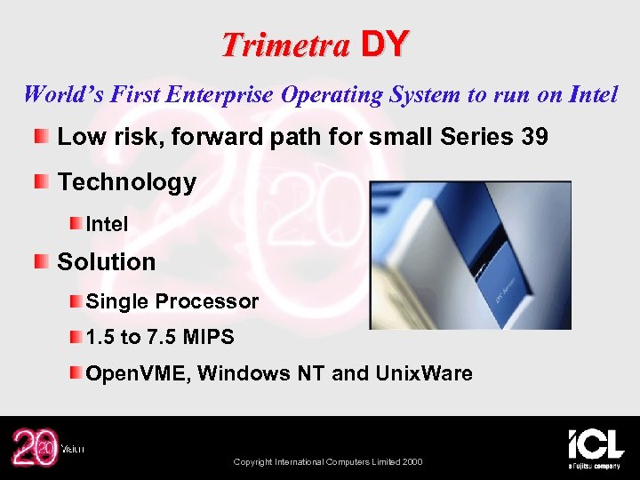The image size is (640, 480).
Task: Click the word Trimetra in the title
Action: tap(285, 44)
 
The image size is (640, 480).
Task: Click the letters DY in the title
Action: tap(384, 43)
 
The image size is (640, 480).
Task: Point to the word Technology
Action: tap(126, 182)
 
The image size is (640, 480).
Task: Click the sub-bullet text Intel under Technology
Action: tap(107, 225)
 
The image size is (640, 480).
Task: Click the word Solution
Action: tap(106, 261)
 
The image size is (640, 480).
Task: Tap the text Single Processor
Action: tap(172, 301)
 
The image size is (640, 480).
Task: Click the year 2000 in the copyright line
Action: tap(412, 462)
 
